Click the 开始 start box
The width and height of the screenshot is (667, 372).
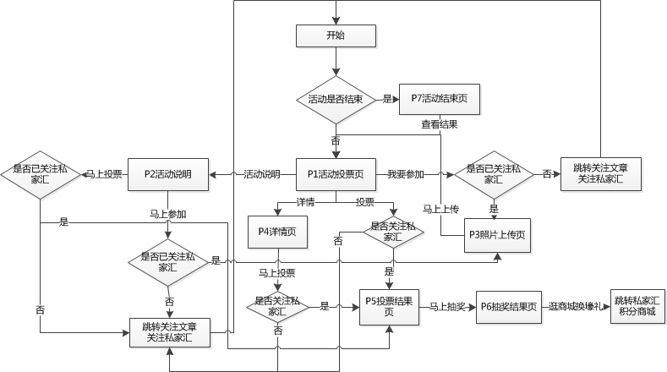pyautogui.click(x=336, y=36)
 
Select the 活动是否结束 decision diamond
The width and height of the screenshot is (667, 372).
pyautogui.click(x=336, y=99)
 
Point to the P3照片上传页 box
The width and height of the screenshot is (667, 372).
pyautogui.click(x=496, y=233)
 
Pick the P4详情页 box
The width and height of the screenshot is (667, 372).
pyautogui.click(x=276, y=229)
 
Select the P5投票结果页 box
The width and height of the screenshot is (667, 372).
pyautogui.click(x=388, y=306)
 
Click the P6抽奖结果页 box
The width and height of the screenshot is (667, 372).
pyautogui.click(x=507, y=306)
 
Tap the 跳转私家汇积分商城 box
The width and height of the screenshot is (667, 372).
pyautogui.click(x=637, y=306)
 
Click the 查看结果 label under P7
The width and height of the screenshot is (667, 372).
pyautogui.click(x=440, y=124)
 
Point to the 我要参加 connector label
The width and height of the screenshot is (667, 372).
pyautogui.click(x=405, y=173)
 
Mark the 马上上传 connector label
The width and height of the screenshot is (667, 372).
pyautogui.click(x=440, y=209)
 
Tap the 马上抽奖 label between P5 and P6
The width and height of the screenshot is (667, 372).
pyautogui.click(x=445, y=306)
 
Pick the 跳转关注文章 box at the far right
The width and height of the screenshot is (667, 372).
pyautogui.click(x=599, y=173)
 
